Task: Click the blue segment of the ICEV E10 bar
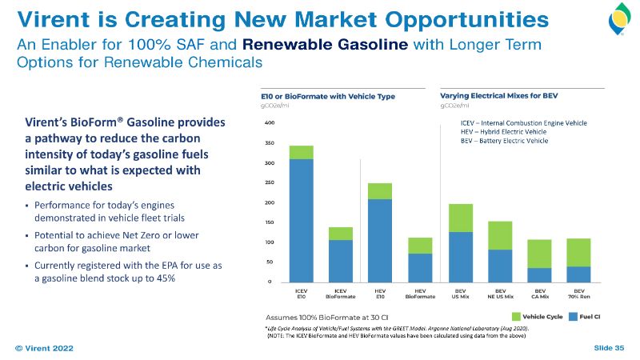point(301,220)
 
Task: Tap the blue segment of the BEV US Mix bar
point(460,256)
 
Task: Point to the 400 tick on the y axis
point(269,123)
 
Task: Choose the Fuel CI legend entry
point(590,317)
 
